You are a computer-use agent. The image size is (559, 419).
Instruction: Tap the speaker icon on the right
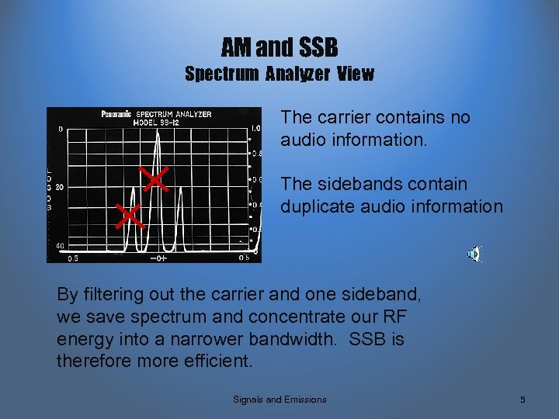tap(474, 254)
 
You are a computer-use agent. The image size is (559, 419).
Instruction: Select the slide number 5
tap(523, 400)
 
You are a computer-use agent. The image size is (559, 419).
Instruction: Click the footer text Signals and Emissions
tap(279, 400)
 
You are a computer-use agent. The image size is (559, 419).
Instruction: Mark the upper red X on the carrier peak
tap(155, 179)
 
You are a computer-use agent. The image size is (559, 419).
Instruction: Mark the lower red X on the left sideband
tap(130, 215)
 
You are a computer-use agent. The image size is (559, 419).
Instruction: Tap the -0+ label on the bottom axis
tap(158, 258)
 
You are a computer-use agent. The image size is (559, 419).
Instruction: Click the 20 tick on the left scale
tap(59, 187)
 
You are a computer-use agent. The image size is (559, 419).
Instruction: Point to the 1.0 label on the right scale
tap(255, 128)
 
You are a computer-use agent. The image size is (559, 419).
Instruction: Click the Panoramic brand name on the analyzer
tap(116, 115)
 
